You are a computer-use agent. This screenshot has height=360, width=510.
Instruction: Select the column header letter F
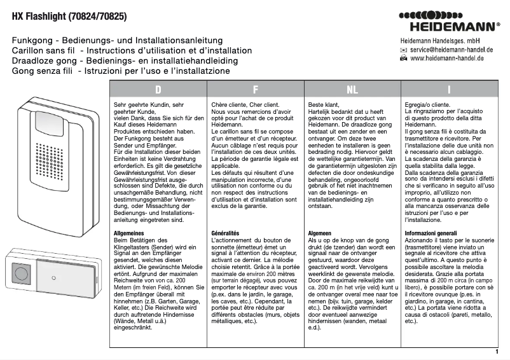pyautogui.click(x=254, y=89)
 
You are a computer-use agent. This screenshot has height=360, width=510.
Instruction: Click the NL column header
pyautogui.click(x=352, y=89)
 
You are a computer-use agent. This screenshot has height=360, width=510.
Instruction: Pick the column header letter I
pyautogui.click(x=449, y=89)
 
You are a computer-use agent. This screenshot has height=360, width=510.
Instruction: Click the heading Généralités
pyautogui.click(x=225, y=233)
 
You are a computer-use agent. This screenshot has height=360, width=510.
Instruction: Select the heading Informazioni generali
pyautogui.click(x=431, y=233)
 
